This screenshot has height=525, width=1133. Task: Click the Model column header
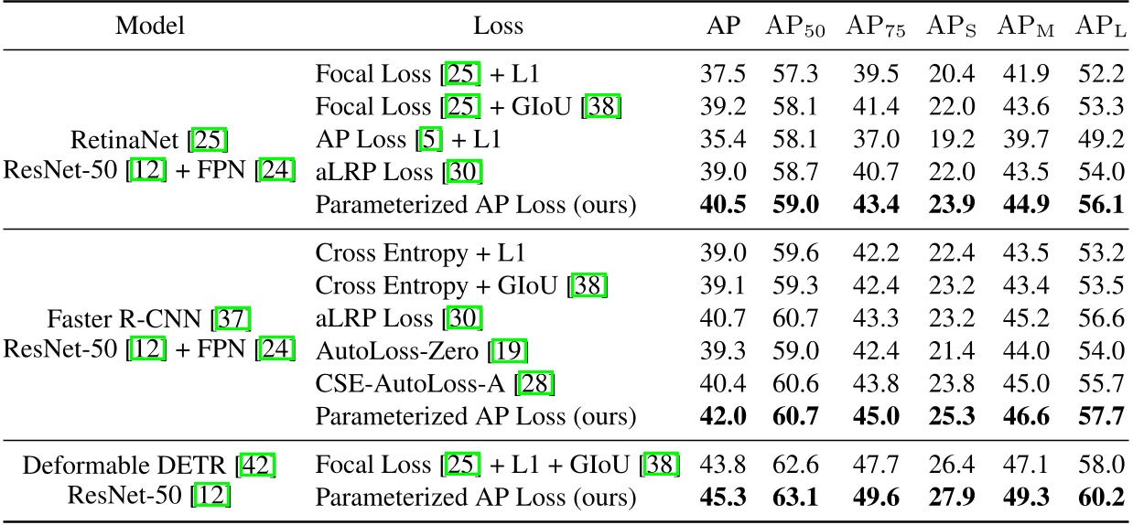[149, 26]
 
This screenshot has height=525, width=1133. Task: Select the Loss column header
[499, 26]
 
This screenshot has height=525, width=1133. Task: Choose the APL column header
[1100, 27]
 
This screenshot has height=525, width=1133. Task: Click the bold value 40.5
[718, 206]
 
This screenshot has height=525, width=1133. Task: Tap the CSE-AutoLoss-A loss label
[421, 384]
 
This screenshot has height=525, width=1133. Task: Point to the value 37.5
[718, 74]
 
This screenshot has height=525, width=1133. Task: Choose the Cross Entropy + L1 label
[421, 253]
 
